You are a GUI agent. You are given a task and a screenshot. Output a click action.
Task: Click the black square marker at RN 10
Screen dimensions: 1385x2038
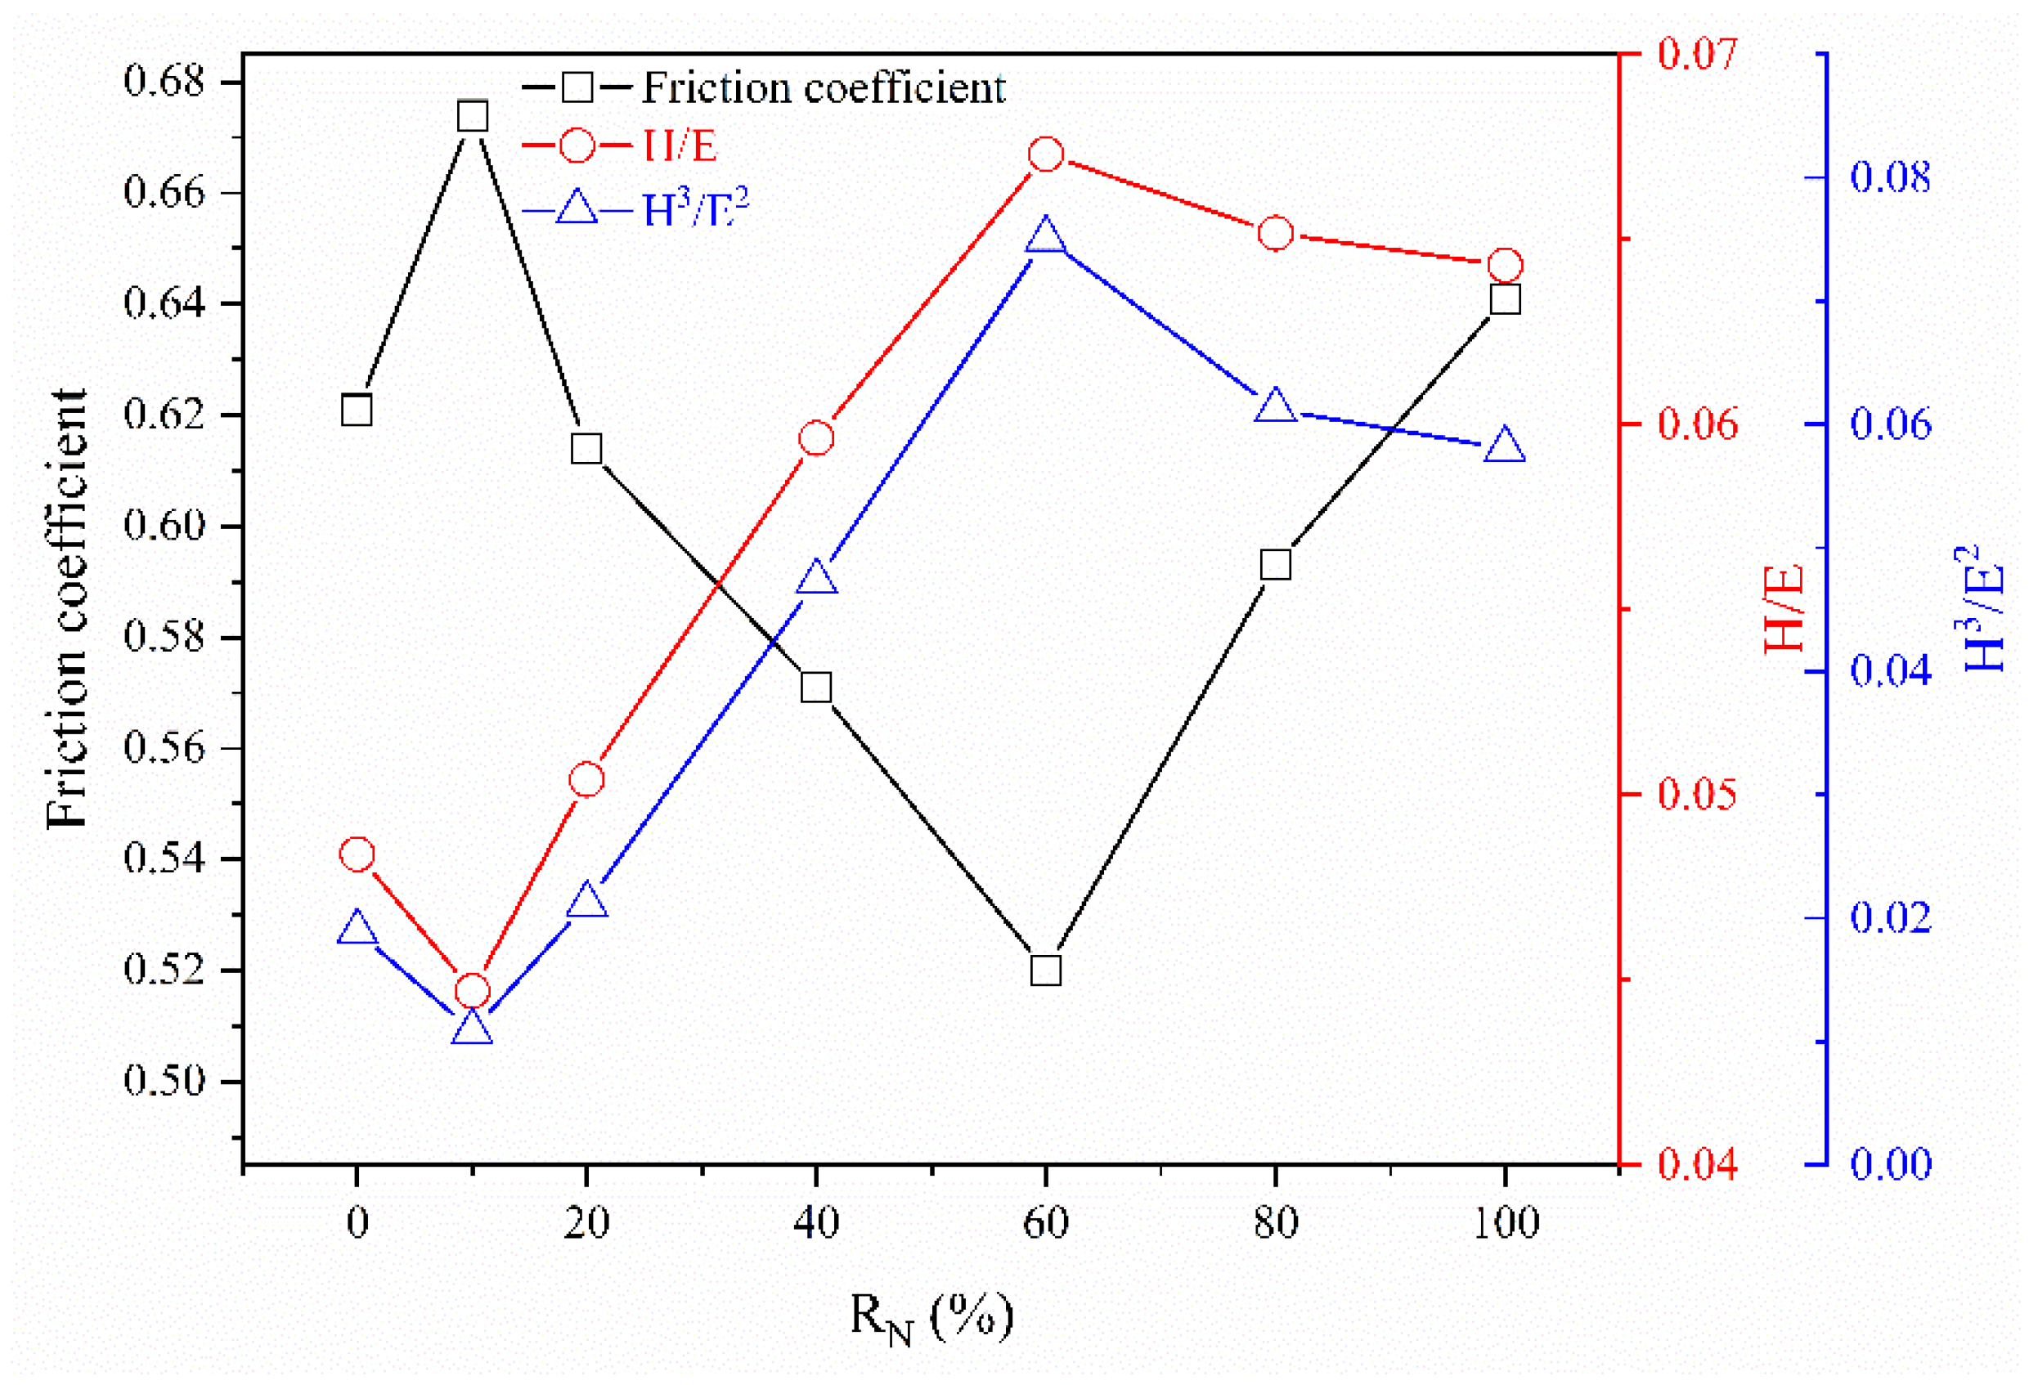point(473,116)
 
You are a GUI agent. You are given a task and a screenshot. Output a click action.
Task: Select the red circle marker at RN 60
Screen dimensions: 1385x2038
point(1046,155)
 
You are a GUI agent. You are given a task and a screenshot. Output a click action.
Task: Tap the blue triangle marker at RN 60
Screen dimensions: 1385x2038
point(1046,236)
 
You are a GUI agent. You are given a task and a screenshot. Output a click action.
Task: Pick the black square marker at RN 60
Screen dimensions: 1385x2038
point(1046,971)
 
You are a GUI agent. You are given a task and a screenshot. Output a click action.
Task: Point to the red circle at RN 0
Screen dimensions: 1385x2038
point(357,854)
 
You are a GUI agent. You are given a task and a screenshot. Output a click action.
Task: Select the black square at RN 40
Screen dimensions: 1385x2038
point(816,688)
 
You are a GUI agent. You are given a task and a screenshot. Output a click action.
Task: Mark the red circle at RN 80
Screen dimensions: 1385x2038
point(1276,233)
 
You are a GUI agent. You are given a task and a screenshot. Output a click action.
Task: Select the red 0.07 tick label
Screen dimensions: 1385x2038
point(1697,53)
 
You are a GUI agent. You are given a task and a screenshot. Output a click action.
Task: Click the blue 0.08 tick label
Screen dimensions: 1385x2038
point(1891,177)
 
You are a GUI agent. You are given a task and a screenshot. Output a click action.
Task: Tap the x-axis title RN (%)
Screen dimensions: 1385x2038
point(931,1317)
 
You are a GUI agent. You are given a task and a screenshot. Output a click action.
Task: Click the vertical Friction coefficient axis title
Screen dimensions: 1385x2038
point(68,608)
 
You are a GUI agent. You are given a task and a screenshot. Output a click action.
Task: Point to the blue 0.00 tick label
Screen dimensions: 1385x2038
point(1891,1165)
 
